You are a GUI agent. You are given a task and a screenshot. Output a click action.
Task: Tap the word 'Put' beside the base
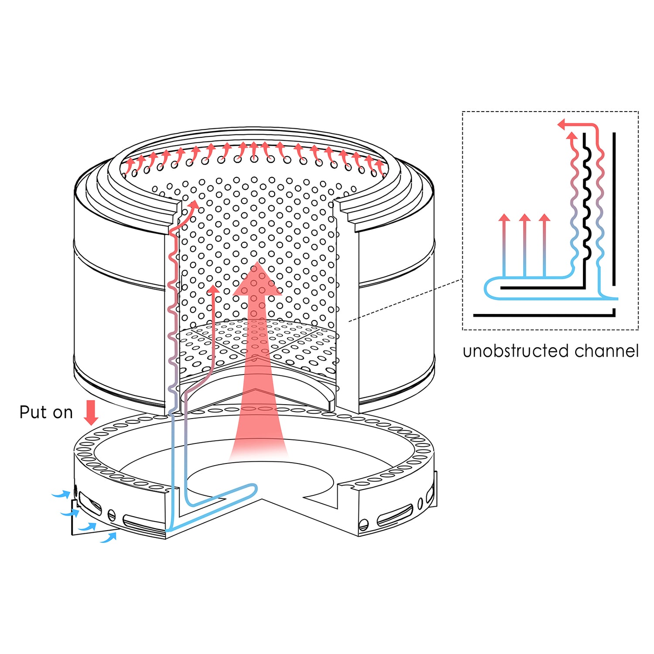[x=33, y=412]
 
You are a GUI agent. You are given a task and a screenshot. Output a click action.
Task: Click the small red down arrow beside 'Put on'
[x=91, y=412]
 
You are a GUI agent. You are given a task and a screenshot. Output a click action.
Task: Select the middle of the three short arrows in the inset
[x=525, y=218]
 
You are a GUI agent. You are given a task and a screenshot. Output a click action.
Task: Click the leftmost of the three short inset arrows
[x=504, y=218]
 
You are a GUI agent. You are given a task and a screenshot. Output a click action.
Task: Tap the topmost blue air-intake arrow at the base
[x=61, y=494]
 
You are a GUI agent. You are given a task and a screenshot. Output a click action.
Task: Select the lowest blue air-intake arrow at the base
[x=109, y=538]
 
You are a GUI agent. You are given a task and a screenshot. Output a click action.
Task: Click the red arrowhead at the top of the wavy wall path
[x=194, y=204]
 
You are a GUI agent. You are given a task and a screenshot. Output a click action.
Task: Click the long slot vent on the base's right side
[x=395, y=515]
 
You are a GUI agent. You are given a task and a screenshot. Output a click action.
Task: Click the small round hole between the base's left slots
[x=112, y=515]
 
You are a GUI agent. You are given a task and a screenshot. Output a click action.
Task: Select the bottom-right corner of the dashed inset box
[x=638, y=329]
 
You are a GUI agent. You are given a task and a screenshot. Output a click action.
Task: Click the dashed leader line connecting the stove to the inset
[x=405, y=300]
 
